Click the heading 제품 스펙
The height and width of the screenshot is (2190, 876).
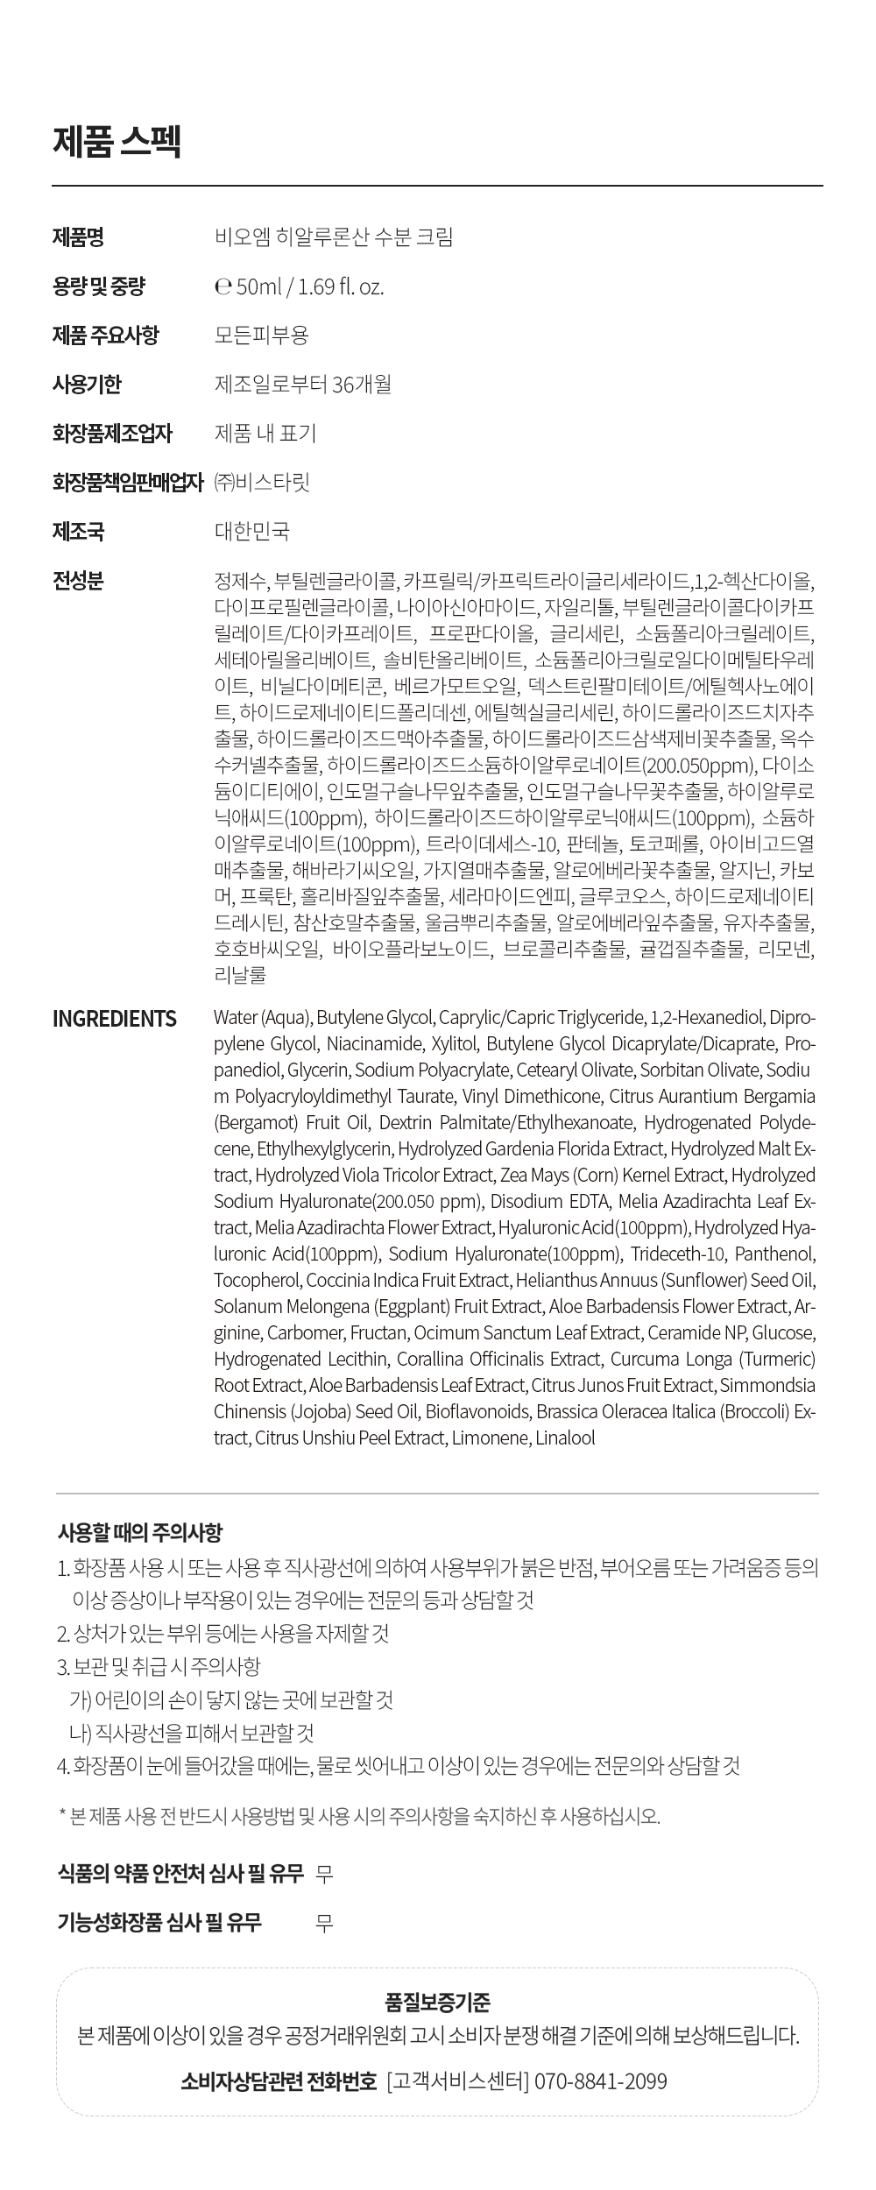[117, 142]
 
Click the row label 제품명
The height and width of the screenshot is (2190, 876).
[78, 237]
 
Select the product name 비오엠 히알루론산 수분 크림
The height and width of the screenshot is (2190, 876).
[334, 237]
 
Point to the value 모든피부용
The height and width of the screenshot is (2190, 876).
[261, 335]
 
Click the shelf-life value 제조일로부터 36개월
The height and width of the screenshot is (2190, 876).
[302, 384]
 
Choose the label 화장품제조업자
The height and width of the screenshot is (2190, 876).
[112, 433]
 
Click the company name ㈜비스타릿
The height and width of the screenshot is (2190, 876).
[262, 482]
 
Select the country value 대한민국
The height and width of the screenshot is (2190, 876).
[251, 531]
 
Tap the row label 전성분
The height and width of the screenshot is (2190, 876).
[78, 580]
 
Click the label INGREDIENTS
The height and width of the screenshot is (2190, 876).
[114, 1018]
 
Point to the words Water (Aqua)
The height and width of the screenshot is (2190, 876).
[262, 1018]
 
